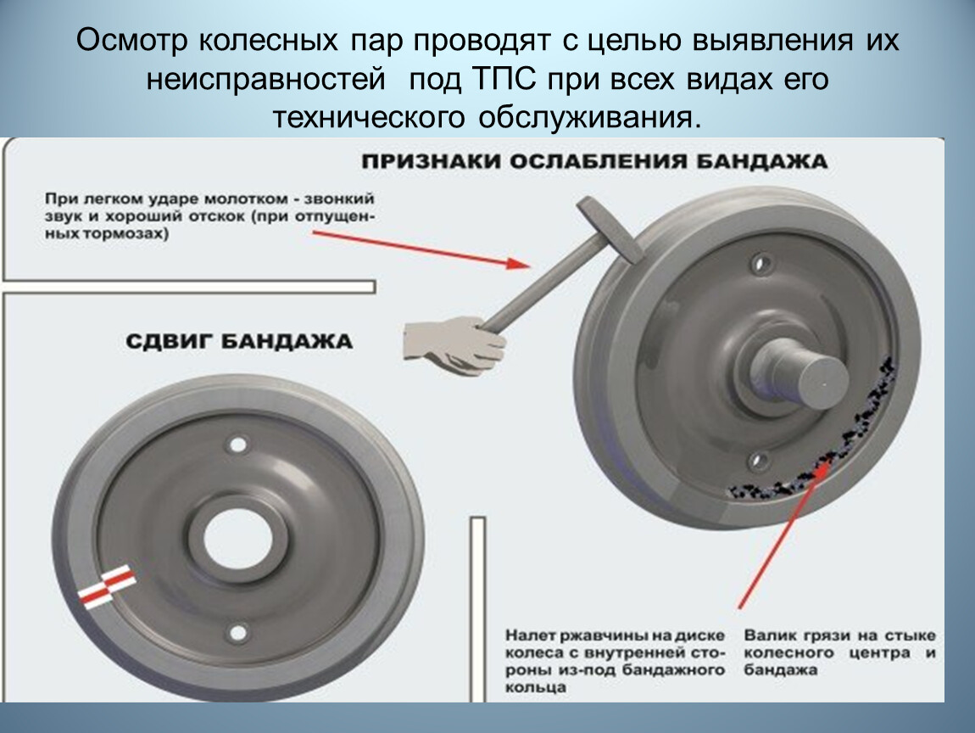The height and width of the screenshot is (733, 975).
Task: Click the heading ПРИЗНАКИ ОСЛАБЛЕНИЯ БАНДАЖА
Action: tap(594, 162)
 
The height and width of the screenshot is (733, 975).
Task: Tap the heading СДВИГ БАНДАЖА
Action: tap(239, 342)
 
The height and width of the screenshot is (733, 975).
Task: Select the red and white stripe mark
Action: tap(107, 586)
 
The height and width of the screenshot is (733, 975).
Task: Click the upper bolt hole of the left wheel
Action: tap(237, 445)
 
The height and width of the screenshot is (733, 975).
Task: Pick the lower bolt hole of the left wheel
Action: tap(237, 633)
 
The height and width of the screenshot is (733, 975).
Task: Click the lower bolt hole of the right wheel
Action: tap(757, 461)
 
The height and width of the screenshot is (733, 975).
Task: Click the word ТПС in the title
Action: tap(504, 80)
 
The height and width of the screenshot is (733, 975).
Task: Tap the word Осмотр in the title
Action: tap(131, 41)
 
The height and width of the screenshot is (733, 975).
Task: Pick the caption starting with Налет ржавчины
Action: tap(615, 662)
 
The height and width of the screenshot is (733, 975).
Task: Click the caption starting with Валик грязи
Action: tap(840, 652)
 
